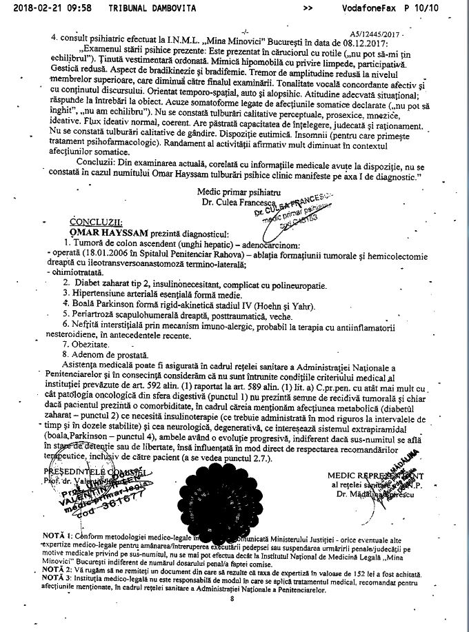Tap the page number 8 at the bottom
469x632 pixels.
[232, 598]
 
